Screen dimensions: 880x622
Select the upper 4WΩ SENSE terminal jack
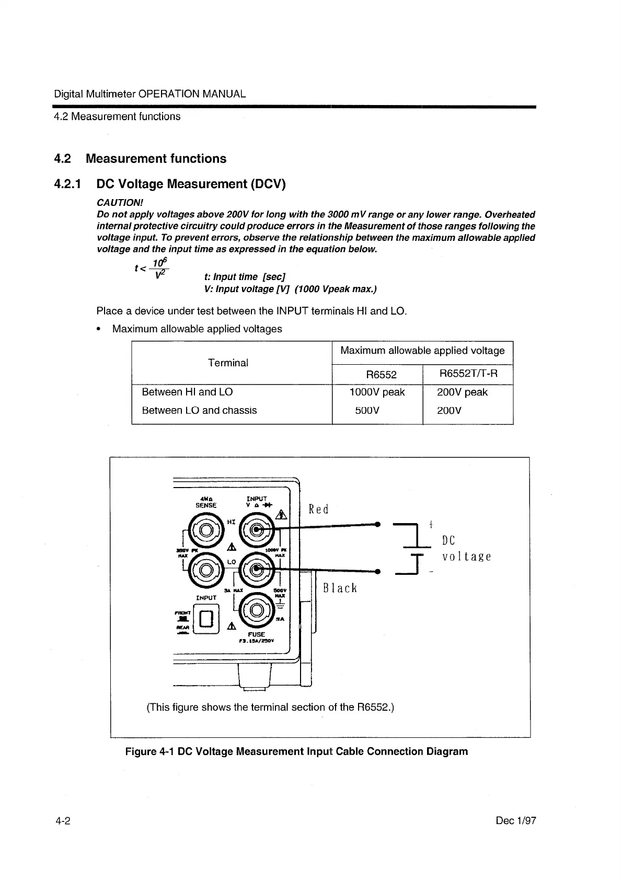coord(206,530)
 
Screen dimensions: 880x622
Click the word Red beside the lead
coord(318,509)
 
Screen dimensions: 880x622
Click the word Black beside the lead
coord(340,588)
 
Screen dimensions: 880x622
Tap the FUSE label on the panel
coord(257,634)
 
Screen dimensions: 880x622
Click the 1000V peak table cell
coord(377,392)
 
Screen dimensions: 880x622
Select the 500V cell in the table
coord(367,411)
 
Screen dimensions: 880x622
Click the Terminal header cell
coord(228,363)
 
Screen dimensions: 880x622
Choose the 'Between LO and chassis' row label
coord(199,411)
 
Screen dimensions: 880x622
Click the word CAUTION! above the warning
coord(120,202)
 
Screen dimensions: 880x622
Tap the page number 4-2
coord(63,821)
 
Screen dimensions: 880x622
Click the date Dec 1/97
coord(515,821)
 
